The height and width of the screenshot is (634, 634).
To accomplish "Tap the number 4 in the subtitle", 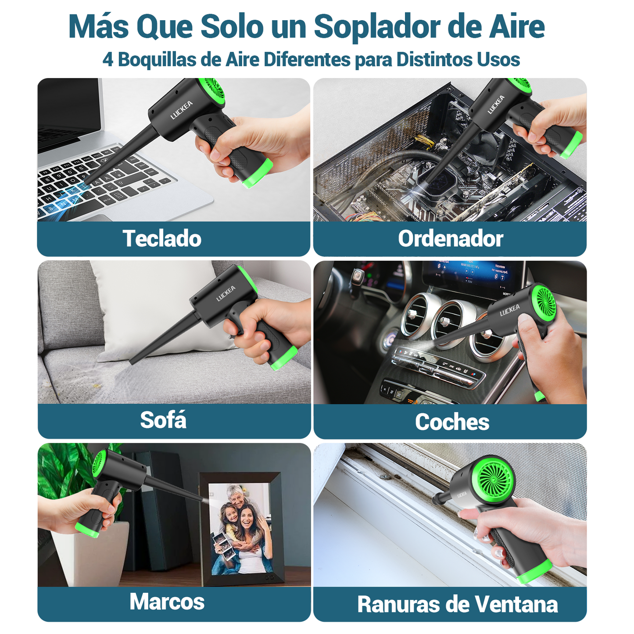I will click(x=107, y=60).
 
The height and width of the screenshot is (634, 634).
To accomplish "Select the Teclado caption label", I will click(x=162, y=239).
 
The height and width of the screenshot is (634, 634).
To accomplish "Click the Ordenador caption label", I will click(x=450, y=239).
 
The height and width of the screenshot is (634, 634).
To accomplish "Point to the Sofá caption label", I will click(x=163, y=420).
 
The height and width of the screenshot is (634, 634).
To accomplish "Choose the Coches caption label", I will click(x=452, y=422).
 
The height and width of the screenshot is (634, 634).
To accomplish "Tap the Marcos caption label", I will click(x=167, y=602).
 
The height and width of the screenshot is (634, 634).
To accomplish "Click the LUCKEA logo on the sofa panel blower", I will click(x=226, y=294).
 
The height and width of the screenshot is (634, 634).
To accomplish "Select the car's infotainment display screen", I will click(x=472, y=274).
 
